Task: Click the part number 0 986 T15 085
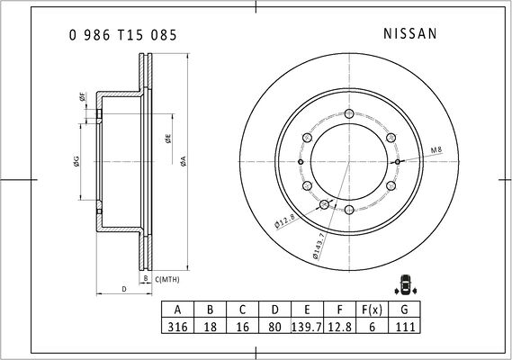122,35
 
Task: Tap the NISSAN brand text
410,33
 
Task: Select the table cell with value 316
177,326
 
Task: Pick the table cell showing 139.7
307,326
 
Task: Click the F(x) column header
372,310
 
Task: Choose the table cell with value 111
405,326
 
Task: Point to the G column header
405,310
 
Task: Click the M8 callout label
436,150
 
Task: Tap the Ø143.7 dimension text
319,246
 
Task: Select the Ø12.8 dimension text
285,220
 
